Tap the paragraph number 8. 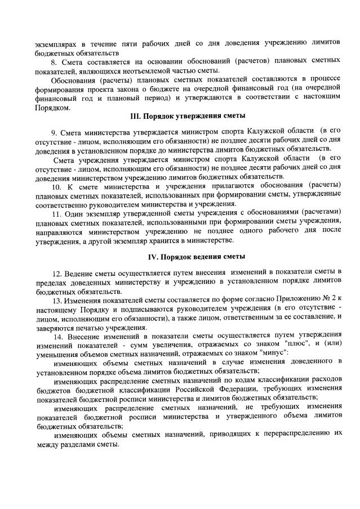(54, 60)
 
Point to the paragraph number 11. (55, 214)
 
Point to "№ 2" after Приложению (332, 300)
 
